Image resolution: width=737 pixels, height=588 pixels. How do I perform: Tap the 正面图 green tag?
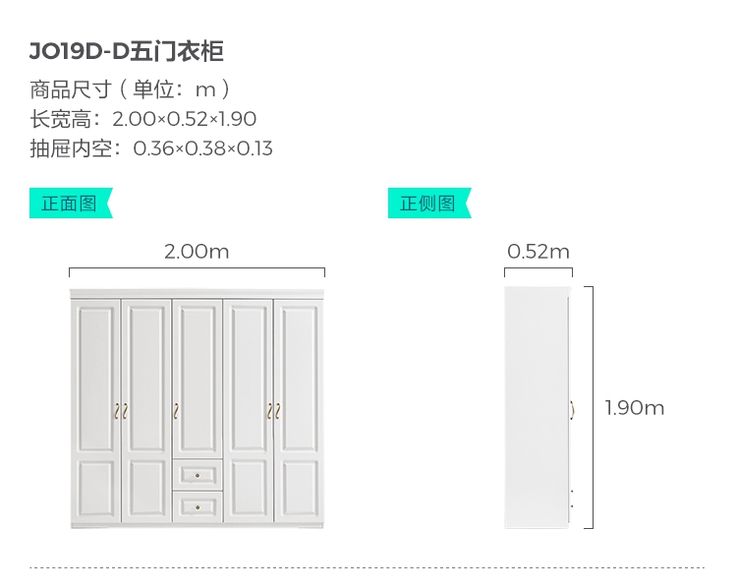(x=70, y=204)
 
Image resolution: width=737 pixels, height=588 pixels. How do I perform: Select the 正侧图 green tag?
(x=428, y=204)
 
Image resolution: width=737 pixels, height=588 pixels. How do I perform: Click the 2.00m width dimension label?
(x=197, y=251)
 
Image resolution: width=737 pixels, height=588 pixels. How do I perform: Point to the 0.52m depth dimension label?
(x=539, y=251)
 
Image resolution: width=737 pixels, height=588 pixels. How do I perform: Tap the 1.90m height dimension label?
(x=635, y=407)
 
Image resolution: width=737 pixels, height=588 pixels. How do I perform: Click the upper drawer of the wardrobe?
(x=198, y=475)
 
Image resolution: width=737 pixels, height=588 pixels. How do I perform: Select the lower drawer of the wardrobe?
(x=198, y=506)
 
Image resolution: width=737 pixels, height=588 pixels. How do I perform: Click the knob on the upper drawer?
(x=198, y=476)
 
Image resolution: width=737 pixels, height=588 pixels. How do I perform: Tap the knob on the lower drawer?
(x=198, y=507)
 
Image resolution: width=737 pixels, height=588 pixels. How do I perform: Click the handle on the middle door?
(x=175, y=409)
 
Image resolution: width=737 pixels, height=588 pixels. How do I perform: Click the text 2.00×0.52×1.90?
(x=185, y=119)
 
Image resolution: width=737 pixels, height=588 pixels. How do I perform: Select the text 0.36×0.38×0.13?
(x=202, y=149)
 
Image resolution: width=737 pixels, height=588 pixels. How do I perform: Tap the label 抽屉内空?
(x=74, y=149)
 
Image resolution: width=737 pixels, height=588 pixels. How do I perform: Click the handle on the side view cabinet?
(x=572, y=409)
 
